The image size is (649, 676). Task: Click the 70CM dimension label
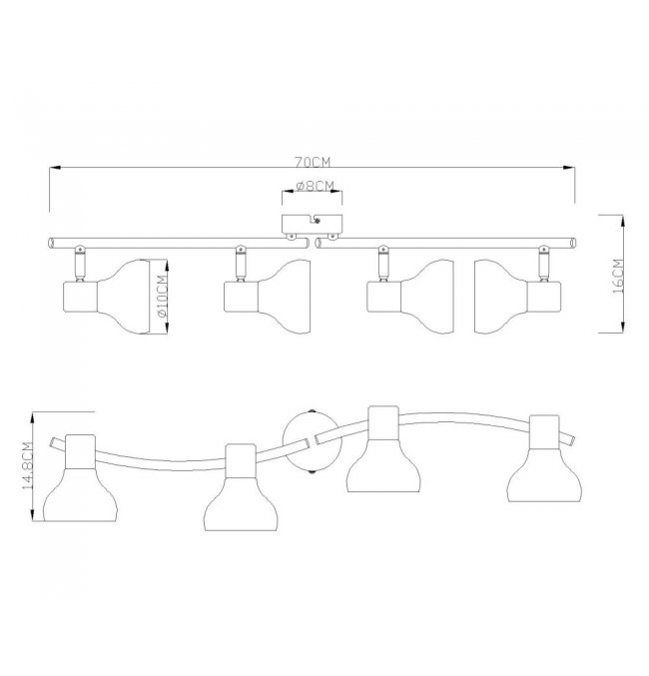coord(313,162)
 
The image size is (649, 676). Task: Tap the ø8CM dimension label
coord(316,186)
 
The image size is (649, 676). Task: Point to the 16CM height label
coord(618,276)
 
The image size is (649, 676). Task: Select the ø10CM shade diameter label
coord(162,297)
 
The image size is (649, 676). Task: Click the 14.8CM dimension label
coord(27,465)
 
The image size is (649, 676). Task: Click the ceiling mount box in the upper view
coord(313,225)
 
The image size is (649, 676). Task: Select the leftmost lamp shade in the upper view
coord(123,297)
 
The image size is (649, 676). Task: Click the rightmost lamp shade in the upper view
coord(500,297)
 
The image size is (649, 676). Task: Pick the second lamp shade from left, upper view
coord(284,297)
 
